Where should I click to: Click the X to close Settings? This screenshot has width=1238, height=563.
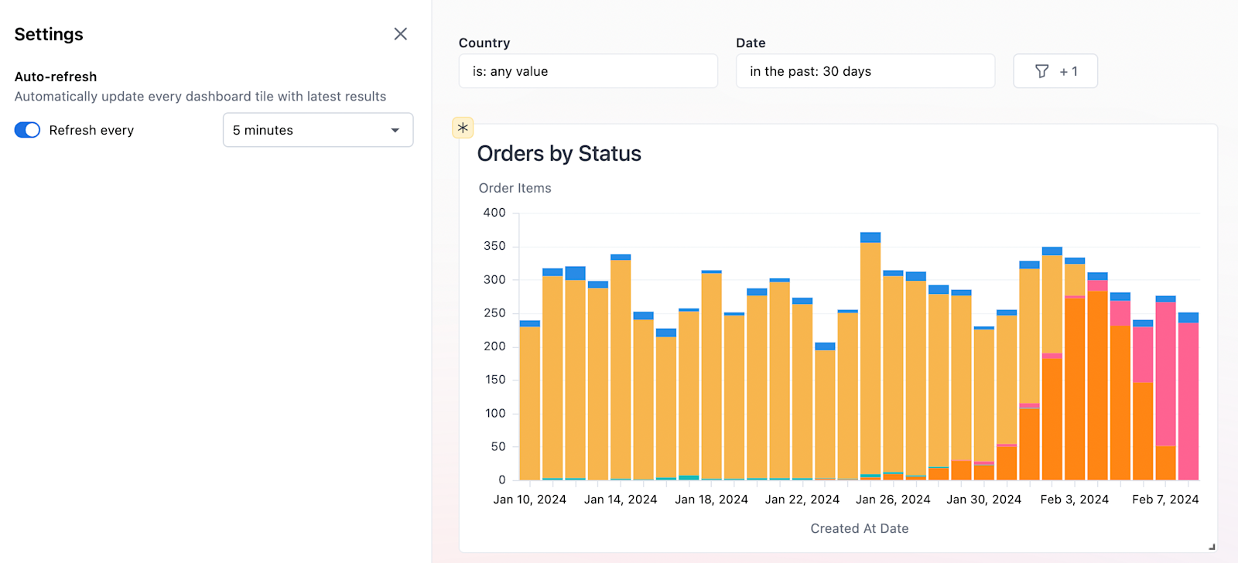click(400, 34)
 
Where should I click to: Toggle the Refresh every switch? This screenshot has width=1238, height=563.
click(27, 130)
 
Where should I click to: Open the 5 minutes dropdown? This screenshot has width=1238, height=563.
click(318, 130)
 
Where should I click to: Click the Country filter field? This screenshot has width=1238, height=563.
click(588, 71)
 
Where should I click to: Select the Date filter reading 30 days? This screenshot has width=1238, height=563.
click(865, 71)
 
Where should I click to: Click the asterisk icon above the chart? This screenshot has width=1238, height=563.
click(463, 128)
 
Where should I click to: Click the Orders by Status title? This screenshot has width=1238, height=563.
click(559, 154)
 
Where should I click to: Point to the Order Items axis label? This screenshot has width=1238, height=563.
click(515, 188)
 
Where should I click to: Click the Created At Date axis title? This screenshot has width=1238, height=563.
click(859, 528)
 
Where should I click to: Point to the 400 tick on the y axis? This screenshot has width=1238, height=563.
click(494, 213)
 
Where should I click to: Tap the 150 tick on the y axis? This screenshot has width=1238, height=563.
click(494, 380)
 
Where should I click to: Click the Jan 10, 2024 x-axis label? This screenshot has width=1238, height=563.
click(530, 500)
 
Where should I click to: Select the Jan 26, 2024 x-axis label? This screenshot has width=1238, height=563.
click(893, 500)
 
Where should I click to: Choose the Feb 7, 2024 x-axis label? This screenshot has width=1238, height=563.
click(1165, 500)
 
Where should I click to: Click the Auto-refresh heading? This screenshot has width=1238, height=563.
click(56, 77)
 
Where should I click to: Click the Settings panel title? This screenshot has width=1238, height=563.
click(49, 34)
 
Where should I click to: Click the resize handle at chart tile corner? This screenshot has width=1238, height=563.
click(1212, 547)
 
